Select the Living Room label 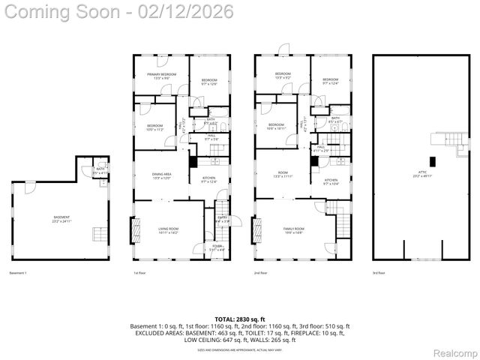coord(168,232)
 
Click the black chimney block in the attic coord(432,160)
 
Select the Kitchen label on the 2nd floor coord(331,181)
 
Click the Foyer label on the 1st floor coord(217,247)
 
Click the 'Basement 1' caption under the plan coord(17,273)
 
